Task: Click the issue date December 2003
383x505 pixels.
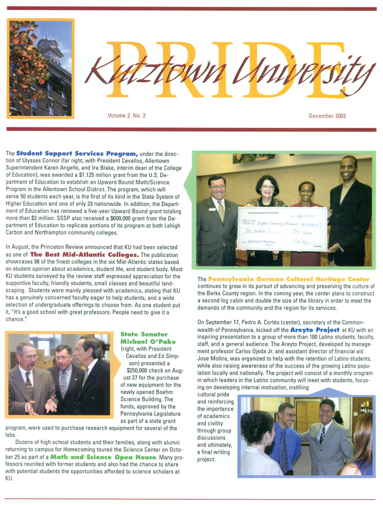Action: coord(327,116)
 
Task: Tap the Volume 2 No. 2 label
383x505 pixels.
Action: coord(126,116)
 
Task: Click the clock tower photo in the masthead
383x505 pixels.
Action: coord(41,68)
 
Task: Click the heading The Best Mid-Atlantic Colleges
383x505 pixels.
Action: coord(85,254)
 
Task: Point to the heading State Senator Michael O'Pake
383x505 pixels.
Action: coord(144,337)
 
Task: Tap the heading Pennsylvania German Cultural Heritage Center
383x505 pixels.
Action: coord(288,279)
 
